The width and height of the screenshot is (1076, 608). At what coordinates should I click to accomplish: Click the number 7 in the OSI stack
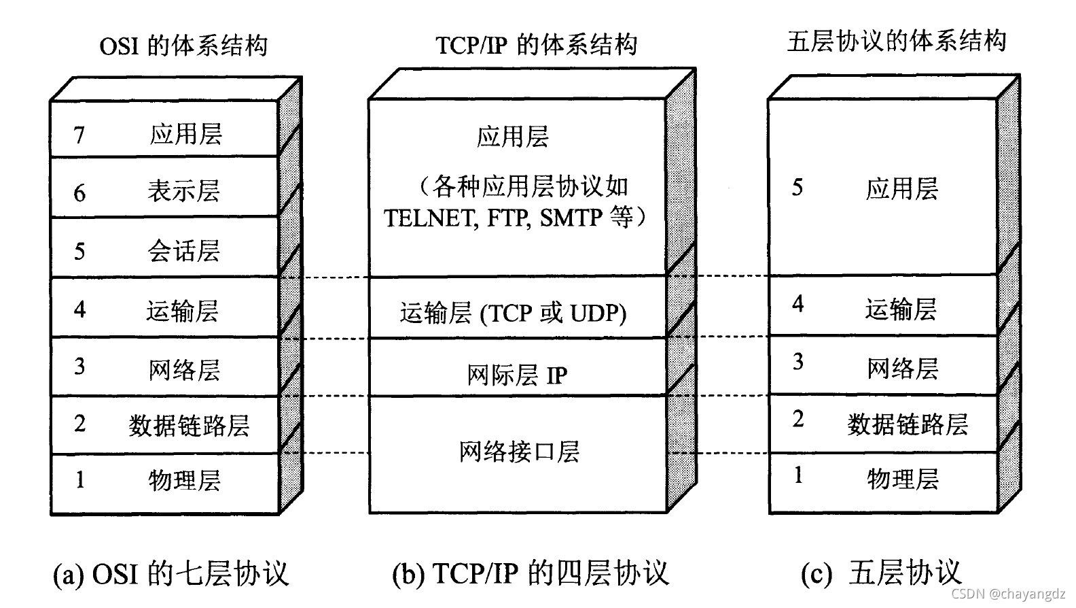pyautogui.click(x=79, y=135)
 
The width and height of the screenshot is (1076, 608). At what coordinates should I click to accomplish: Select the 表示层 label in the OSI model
pyautogui.click(x=184, y=191)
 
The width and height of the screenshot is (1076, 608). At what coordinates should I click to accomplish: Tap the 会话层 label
pyautogui.click(x=184, y=251)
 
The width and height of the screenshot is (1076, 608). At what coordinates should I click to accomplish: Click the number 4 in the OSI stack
pyautogui.click(x=79, y=309)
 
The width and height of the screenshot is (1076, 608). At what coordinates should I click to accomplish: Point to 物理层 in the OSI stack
pyautogui.click(x=184, y=480)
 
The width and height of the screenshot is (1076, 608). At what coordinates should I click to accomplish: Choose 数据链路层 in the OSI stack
pyautogui.click(x=189, y=426)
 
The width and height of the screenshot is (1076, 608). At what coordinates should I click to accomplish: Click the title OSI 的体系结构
pyautogui.click(x=183, y=46)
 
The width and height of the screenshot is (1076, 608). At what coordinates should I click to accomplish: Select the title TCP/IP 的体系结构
pyautogui.click(x=536, y=45)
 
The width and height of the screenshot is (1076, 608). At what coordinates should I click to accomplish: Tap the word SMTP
pyautogui.click(x=571, y=218)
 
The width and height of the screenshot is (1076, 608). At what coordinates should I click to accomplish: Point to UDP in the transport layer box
pyautogui.click(x=598, y=313)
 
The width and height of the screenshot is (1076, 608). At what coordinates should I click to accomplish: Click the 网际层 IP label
pyautogui.click(x=516, y=375)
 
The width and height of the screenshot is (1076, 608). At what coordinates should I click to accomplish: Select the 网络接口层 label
pyautogui.click(x=519, y=452)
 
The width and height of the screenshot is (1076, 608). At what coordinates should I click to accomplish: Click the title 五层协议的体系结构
pyautogui.click(x=896, y=41)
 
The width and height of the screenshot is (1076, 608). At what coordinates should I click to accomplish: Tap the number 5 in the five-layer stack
pyautogui.click(x=797, y=188)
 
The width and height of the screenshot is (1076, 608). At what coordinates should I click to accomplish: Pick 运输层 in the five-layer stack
pyautogui.click(x=901, y=309)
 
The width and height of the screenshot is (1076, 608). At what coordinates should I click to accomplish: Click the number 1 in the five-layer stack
pyautogui.click(x=798, y=475)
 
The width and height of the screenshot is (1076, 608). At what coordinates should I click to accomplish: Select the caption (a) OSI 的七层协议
pyautogui.click(x=171, y=573)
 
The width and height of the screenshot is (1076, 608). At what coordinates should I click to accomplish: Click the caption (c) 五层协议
pyautogui.click(x=881, y=573)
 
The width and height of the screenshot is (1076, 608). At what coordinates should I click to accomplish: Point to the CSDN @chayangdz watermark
pyautogui.click(x=1008, y=594)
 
